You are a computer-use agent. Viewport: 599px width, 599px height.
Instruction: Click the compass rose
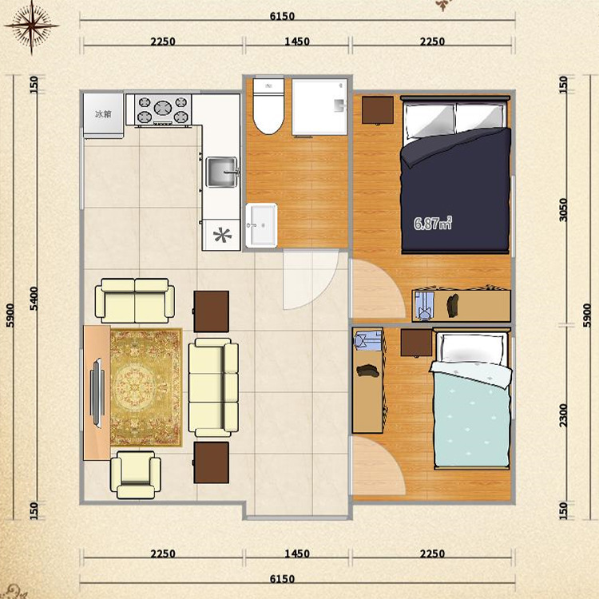pos(32,26)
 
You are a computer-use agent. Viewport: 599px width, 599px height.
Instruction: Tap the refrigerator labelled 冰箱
pos(104,115)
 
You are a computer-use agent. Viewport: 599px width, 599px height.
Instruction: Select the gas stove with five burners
pos(163,109)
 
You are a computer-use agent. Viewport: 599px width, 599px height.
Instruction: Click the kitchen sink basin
pos(221,173)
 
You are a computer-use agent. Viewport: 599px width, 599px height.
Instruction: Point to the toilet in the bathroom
pos(268,105)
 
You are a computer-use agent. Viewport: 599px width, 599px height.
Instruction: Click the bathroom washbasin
pos(261,225)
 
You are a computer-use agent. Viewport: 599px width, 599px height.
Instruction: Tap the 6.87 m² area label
pos(433,223)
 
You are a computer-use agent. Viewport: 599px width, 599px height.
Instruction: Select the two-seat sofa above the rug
pos(135,301)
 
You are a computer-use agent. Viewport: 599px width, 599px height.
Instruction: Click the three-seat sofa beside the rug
pos(213,387)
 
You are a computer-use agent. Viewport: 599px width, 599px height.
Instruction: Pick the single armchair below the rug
pos(136,475)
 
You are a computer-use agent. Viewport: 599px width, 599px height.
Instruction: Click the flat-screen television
pos(97,393)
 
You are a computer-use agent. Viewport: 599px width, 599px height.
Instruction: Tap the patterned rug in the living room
pos(145,387)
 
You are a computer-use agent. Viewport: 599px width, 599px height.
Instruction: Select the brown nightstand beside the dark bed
pos(378,110)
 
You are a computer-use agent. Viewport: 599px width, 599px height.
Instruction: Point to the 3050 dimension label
pos(563,210)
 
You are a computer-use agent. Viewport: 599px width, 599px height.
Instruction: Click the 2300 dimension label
pos(563,415)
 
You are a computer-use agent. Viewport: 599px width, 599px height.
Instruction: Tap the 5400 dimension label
pos(34,299)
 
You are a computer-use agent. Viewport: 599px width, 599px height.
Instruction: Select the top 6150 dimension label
pos(282,16)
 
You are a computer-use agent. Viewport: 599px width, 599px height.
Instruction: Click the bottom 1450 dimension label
pos(297,553)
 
